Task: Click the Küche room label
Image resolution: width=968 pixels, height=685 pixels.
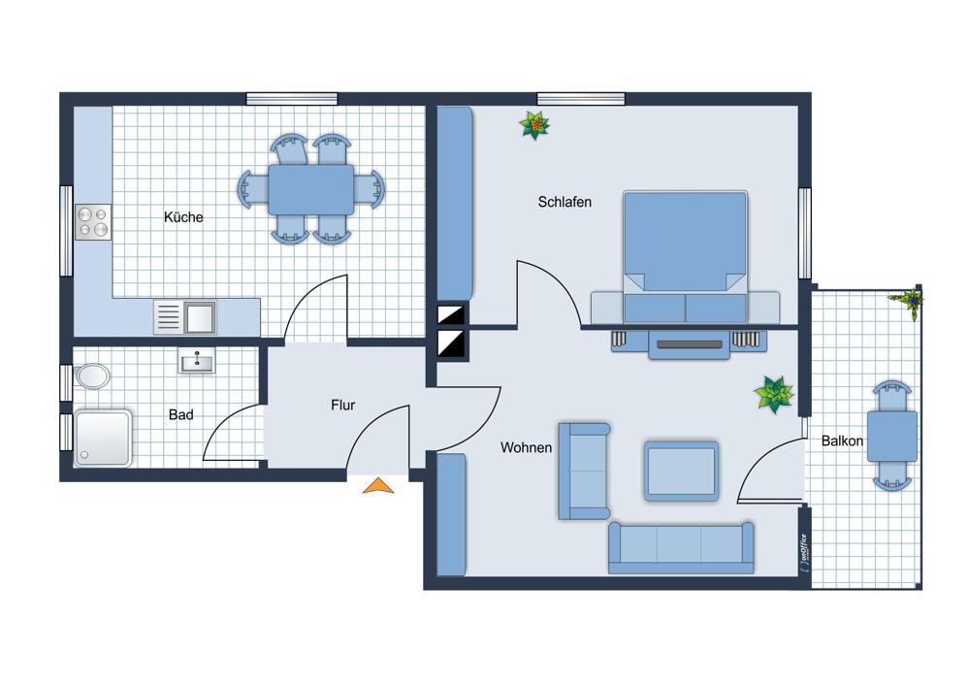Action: point(183,216)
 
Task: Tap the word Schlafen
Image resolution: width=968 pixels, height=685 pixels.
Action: point(565,202)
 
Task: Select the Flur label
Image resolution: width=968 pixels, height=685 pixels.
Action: point(343,406)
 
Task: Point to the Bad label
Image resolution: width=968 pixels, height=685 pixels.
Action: point(180,414)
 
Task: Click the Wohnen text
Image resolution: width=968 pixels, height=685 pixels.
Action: point(526,447)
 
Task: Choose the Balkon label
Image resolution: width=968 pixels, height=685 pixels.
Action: point(842,441)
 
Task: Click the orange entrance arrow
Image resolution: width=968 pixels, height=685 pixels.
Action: point(378,486)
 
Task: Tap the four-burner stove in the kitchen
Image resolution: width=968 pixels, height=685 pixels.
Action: point(93,222)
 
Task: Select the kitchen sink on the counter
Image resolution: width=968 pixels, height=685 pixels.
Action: point(184,317)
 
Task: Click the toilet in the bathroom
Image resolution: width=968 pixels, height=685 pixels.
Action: point(91,375)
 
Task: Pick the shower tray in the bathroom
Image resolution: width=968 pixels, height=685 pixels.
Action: point(103,438)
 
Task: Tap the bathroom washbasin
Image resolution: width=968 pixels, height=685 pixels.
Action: point(197,360)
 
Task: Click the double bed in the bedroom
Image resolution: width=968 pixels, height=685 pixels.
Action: point(685,257)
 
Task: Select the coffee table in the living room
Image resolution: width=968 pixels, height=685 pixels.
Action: point(681,471)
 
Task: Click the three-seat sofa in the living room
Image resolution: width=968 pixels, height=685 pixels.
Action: point(681,548)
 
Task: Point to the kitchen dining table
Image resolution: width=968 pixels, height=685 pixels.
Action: point(311,189)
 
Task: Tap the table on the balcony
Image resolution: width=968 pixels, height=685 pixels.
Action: point(892,436)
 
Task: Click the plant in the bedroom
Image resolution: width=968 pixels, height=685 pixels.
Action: point(534,125)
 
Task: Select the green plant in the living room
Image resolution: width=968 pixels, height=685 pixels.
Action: point(774,394)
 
